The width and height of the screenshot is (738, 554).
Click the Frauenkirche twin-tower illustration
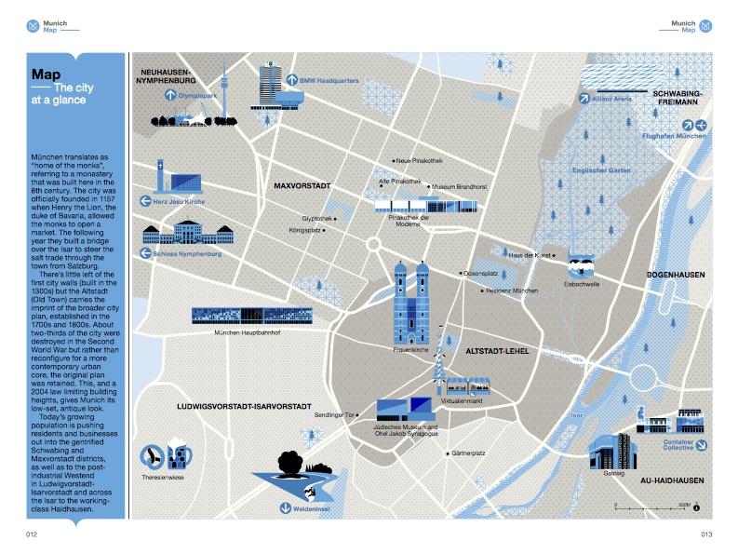click(x=409, y=298)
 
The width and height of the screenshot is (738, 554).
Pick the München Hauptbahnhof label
click(x=241, y=332)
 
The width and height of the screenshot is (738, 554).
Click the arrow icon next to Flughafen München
click(x=632, y=137)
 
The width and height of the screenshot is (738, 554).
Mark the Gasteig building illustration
click(x=611, y=451)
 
